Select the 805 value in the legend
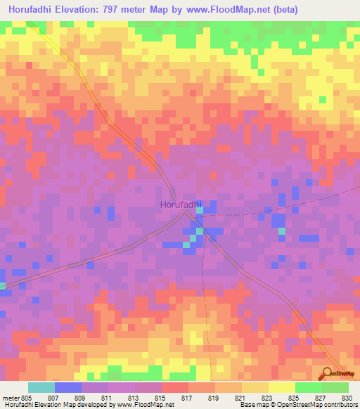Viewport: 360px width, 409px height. [27, 397]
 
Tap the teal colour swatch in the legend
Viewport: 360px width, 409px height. [41, 387]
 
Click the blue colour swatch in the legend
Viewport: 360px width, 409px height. [68, 387]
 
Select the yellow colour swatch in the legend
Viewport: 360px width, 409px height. [282, 387]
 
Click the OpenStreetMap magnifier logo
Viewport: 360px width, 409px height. [328, 373]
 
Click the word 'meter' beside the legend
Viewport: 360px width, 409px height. [10, 397]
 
